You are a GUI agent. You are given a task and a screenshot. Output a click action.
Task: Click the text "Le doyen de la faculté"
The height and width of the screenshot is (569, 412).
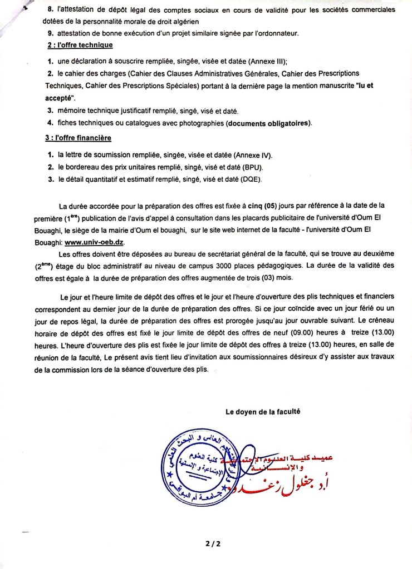tap(263, 412)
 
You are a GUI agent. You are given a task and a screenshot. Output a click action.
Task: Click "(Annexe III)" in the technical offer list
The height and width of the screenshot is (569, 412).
tap(263, 61)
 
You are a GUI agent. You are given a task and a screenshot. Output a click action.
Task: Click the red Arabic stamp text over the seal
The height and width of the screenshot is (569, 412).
tap(290, 461)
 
